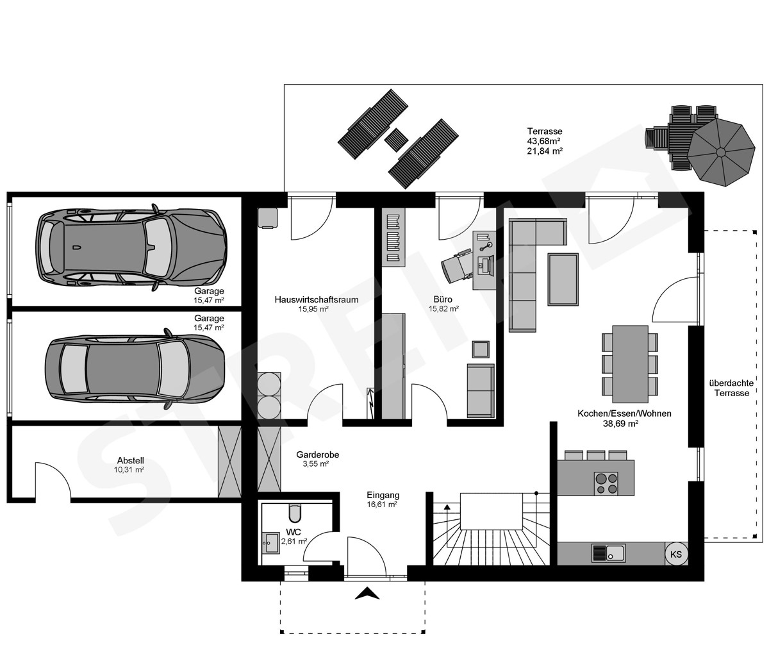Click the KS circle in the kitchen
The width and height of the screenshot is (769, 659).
[676, 555]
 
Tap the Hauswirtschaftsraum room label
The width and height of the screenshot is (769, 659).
[317, 299]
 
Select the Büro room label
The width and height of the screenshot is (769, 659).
[443, 299]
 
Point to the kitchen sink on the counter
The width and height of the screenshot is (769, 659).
[608, 553]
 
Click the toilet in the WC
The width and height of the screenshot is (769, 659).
[295, 513]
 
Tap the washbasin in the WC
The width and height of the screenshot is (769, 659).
[270, 543]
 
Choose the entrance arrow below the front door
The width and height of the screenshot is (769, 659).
[367, 593]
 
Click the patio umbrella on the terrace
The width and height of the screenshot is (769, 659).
[721, 152]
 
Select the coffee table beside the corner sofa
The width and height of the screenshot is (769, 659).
[563, 279]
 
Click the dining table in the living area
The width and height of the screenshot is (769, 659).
[630, 364]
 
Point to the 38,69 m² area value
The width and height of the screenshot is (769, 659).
[620, 424]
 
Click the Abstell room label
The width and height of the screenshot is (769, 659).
[130, 460]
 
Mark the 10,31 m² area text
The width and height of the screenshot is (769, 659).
[129, 470]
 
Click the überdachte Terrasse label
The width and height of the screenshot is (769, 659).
[731, 388]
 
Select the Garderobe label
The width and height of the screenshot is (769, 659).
[317, 455]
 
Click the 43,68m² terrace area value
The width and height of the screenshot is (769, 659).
[544, 141]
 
